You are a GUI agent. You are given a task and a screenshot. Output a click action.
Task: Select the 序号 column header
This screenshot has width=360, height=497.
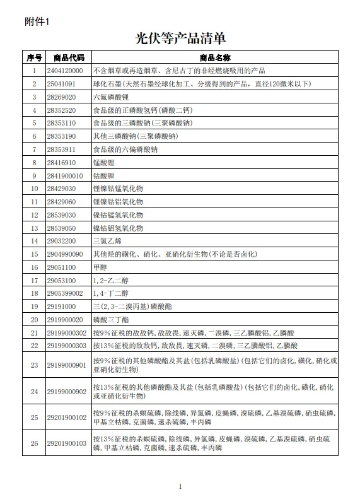34,57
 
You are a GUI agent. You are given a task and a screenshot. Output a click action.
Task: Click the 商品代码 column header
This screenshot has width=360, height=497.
68,57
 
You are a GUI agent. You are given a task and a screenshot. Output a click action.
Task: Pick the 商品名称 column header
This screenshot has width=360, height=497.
215,57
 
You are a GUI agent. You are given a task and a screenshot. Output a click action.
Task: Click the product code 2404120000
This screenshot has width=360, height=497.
66,71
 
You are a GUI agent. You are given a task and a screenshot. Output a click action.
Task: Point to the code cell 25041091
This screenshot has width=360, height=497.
62,84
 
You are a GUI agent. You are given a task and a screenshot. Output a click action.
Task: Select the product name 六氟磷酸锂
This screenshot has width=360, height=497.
111,97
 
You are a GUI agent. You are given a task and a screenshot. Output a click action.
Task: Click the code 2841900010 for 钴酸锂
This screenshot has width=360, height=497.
66,175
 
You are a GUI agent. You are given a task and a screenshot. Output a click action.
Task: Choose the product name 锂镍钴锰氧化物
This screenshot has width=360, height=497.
118,188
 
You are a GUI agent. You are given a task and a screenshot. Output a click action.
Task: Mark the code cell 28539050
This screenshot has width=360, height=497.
62,228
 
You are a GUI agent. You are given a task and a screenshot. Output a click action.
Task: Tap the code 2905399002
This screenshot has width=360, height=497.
66,293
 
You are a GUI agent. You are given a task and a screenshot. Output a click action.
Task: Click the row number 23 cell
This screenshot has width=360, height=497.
34,365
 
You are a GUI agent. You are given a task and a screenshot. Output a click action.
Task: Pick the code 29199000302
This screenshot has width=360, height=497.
67,332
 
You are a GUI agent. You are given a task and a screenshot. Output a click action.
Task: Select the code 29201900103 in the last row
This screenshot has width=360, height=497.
67,443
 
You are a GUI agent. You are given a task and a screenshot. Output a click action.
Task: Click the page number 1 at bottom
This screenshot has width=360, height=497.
180,486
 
